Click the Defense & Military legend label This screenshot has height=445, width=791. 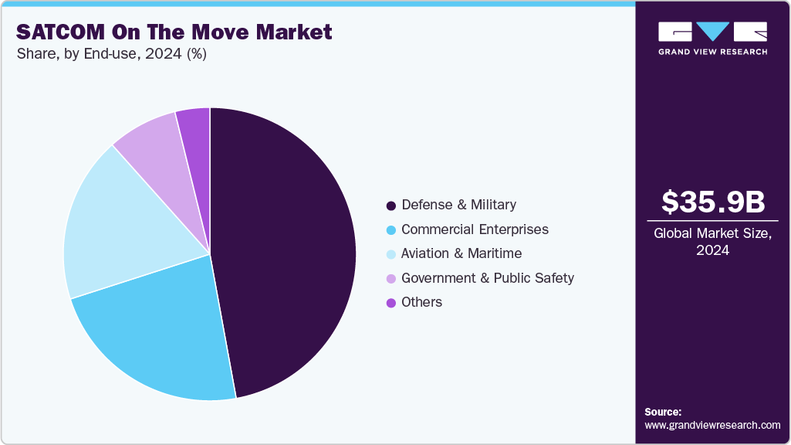coord(458,205)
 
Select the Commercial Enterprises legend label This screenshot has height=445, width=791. coord(475,229)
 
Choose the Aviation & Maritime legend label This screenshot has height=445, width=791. coord(461,253)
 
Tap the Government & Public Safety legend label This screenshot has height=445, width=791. coord(488,278)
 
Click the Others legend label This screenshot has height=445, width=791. coord(421,302)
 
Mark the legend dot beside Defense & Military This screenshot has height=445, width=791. coord(391,206)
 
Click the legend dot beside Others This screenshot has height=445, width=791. coord(391,303)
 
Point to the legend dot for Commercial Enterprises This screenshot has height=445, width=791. coord(391,230)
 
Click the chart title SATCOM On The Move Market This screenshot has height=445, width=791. coord(174,32)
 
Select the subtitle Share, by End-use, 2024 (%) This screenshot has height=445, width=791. coord(111,54)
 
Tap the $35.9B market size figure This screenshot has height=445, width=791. coord(713,202)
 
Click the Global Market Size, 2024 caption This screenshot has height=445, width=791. coord(713,242)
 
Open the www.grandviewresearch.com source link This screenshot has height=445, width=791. coord(712,425)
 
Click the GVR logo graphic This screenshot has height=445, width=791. coord(712,32)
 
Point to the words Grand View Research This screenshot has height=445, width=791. coord(712,52)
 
